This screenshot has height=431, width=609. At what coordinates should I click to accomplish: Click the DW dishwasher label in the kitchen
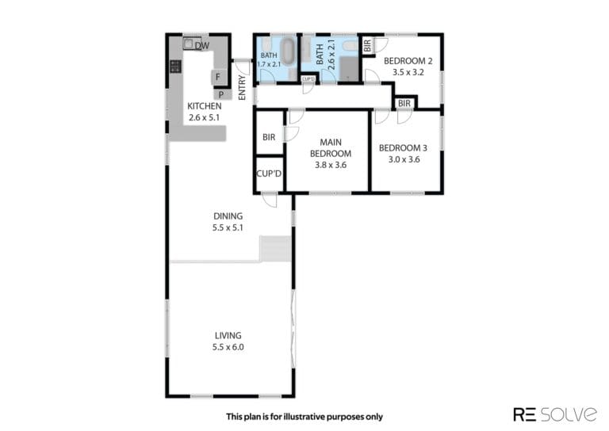(202, 46)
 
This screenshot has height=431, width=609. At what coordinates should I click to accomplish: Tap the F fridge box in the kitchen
(218, 77)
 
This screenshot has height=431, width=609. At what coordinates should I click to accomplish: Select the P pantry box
(221, 94)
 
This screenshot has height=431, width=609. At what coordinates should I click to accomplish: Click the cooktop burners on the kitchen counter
(175, 67)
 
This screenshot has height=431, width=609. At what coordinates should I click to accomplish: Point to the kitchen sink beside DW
(189, 44)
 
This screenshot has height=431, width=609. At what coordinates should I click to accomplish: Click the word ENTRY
(242, 88)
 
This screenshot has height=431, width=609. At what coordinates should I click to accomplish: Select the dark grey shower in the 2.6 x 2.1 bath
(349, 69)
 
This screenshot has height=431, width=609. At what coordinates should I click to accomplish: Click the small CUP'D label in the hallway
(308, 79)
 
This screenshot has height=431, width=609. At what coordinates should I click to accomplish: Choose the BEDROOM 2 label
(408, 61)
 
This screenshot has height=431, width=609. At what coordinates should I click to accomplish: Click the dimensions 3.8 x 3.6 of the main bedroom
(331, 165)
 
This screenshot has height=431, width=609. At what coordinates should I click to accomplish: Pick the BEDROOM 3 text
(403, 148)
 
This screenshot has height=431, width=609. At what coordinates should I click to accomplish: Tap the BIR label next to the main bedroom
(269, 137)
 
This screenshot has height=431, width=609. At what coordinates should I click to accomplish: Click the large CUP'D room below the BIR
(269, 174)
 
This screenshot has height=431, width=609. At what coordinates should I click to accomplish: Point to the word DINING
(228, 216)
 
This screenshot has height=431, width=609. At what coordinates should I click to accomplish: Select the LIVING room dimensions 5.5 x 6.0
(228, 347)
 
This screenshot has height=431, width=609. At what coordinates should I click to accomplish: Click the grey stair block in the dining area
(275, 249)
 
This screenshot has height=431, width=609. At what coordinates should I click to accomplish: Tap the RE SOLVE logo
(555, 414)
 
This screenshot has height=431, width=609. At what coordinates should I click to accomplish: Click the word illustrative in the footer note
(304, 417)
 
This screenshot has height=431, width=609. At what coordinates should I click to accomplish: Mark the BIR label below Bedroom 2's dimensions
(404, 104)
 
